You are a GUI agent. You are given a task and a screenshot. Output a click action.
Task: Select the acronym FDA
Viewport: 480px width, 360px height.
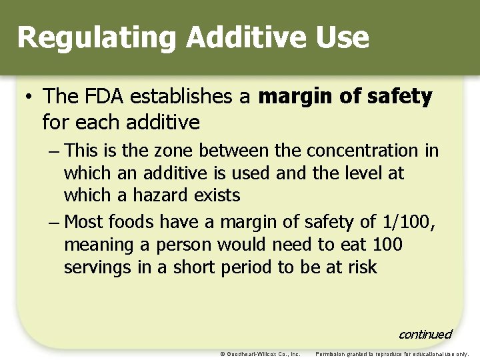(105, 97)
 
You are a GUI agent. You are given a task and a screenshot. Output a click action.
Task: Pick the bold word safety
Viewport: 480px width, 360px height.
(398, 97)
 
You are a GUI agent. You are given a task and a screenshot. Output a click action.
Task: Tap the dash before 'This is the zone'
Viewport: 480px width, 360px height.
(54, 151)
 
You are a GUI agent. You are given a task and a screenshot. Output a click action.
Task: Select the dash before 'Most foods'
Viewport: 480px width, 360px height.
(54, 222)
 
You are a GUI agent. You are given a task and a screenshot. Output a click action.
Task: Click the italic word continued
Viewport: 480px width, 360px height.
(425, 334)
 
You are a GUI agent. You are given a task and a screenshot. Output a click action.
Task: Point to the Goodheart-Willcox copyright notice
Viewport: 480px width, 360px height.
(260, 354)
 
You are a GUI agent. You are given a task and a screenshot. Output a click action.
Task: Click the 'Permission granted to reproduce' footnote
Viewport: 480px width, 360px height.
(392, 354)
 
